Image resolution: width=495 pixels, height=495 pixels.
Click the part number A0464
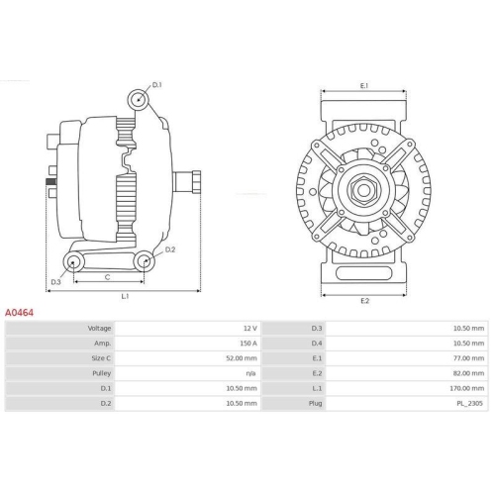click(x=20, y=311)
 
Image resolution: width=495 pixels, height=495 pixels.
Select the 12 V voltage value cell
click(x=248, y=328)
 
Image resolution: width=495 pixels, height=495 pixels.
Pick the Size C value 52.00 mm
click(x=243, y=358)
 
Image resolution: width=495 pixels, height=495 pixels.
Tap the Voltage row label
click(x=99, y=328)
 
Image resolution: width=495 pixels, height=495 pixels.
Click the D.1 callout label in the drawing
click(x=157, y=85)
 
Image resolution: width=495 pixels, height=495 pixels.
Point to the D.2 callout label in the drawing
click(x=170, y=249)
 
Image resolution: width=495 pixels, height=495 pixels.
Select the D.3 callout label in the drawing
click(x=55, y=282)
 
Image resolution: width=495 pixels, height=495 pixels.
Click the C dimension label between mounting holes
click(x=106, y=277)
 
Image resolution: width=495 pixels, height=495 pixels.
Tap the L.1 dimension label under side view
click(x=124, y=296)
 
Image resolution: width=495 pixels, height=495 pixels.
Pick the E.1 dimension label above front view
click(x=363, y=86)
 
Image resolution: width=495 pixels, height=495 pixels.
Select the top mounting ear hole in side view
click(x=139, y=99)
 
